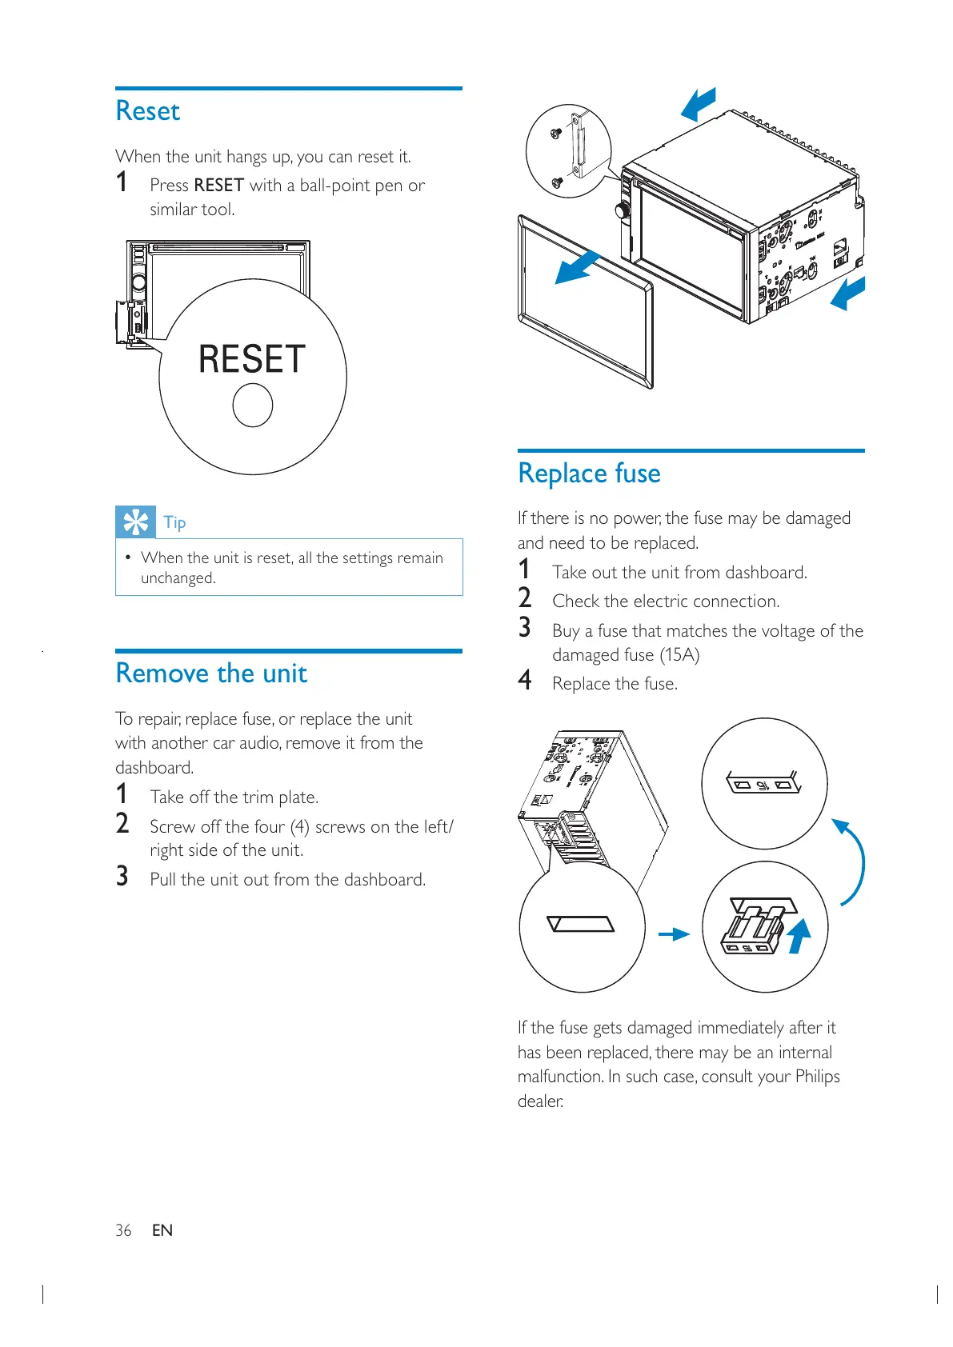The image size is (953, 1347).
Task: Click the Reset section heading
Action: coord(148,111)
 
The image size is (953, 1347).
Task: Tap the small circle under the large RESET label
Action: coord(253,405)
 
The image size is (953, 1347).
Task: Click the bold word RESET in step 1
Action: coord(218,186)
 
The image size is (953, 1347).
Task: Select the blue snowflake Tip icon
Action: coord(135,522)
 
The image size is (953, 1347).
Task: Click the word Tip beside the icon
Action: coord(174,523)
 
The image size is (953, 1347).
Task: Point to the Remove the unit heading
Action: coord(211,673)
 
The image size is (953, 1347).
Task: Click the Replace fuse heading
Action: coord(589,474)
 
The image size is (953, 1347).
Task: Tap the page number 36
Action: coord(123,1230)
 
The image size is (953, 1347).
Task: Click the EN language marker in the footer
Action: coord(162,1230)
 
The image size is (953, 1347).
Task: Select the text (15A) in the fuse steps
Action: coord(679,655)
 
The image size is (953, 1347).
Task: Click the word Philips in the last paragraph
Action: coord(817,1077)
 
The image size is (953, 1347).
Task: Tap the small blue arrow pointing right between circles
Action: coord(673,933)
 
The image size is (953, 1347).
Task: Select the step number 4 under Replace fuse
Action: coord(525,681)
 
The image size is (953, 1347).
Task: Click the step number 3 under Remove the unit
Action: coord(122,877)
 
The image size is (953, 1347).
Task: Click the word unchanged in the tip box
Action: coord(178,578)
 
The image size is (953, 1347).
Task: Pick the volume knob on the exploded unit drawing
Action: coord(622,210)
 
